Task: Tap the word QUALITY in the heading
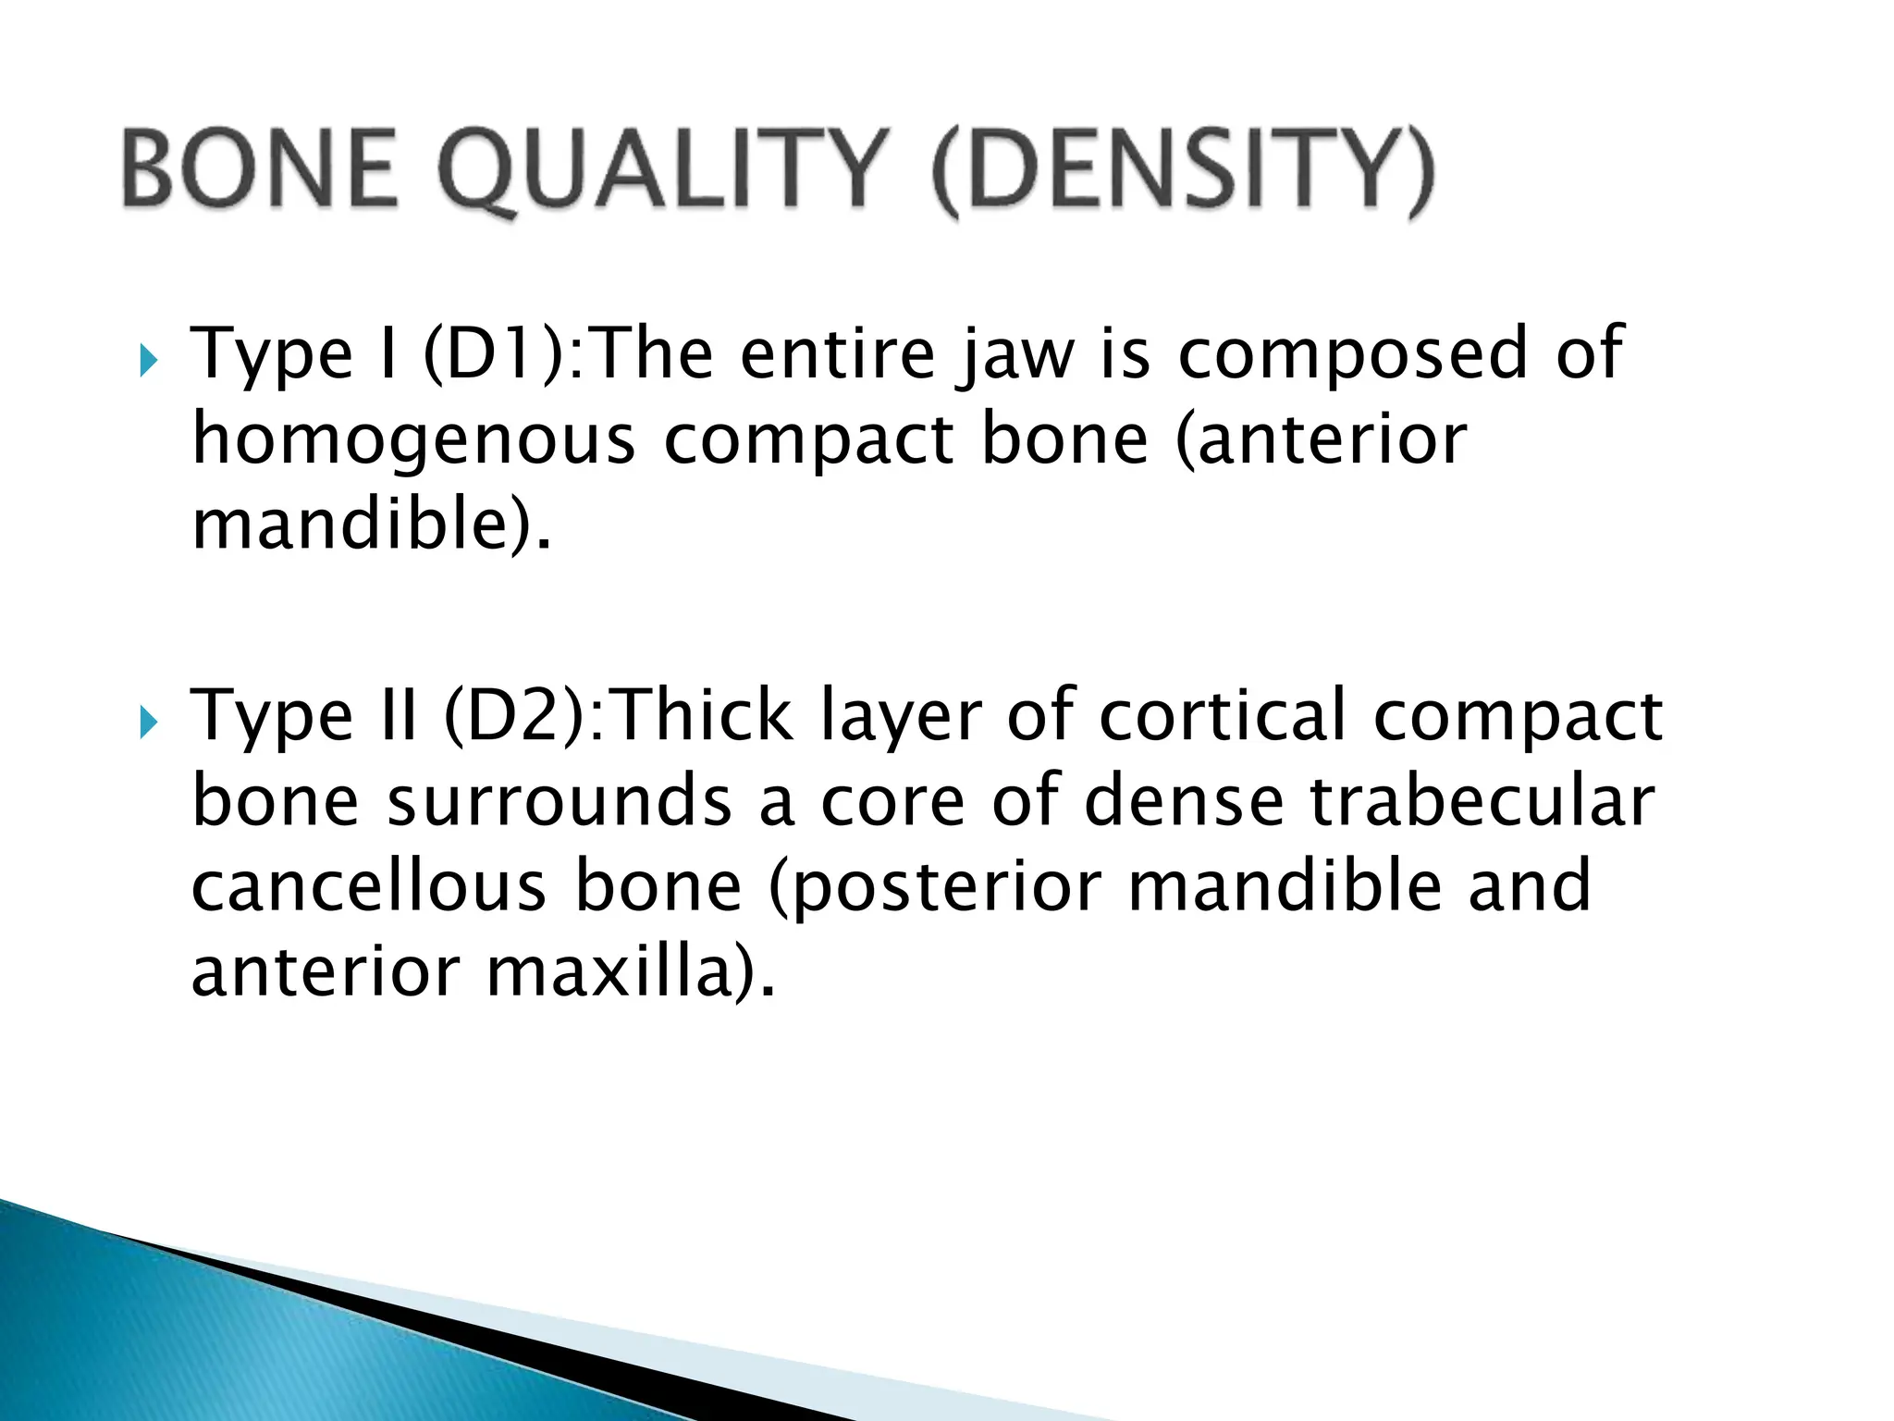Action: (x=664, y=169)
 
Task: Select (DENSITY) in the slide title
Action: (x=1183, y=171)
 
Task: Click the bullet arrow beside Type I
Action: (x=148, y=361)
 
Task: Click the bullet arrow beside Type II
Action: (x=148, y=723)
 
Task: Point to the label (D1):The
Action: (x=568, y=354)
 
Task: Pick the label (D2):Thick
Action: (x=618, y=717)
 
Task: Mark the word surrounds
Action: (x=560, y=802)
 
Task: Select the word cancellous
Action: (x=369, y=887)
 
